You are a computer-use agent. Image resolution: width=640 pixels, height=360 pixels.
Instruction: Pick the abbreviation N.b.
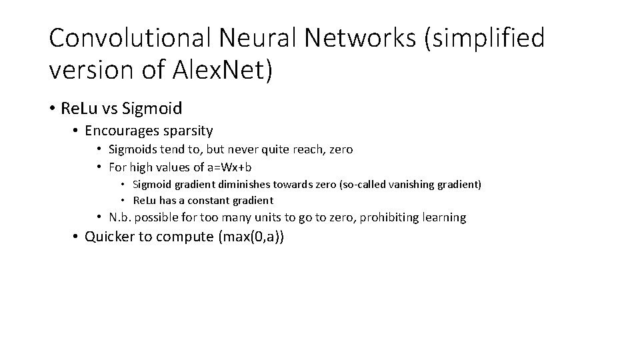tap(121, 217)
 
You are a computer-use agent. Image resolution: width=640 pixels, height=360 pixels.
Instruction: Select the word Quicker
tap(109, 237)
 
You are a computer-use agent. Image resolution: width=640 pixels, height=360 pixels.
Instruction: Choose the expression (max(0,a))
tap(251, 237)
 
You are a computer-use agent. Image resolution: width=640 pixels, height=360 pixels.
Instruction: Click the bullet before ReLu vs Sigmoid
tap(52, 107)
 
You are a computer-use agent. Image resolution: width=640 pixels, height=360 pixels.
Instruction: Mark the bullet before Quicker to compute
tap(77, 237)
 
